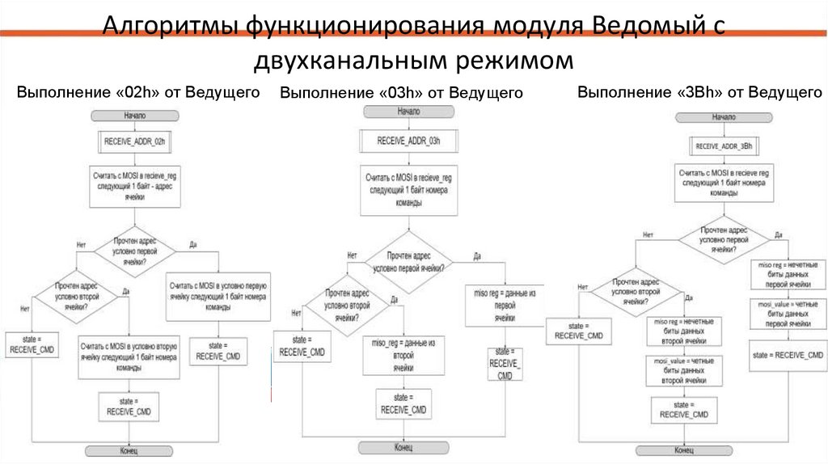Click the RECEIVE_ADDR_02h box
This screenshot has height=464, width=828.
point(134,141)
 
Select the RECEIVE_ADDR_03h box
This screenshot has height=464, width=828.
point(408,141)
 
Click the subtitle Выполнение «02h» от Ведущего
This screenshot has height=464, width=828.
point(138,92)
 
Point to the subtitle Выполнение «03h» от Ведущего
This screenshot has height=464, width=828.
point(401,94)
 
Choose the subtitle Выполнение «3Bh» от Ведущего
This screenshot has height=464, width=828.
point(699,92)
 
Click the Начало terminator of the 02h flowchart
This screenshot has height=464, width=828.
point(134,116)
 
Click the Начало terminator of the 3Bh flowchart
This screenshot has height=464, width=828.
point(724,117)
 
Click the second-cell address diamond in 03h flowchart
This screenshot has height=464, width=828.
point(348,306)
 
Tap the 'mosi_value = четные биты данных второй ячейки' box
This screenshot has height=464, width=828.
point(684,369)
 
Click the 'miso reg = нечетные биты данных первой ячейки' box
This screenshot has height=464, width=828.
point(788,275)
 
